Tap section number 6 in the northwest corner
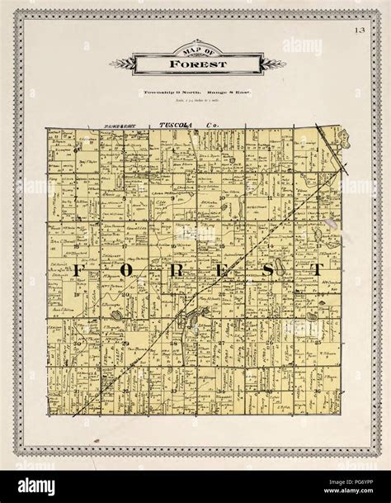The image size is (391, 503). (x=77, y=150)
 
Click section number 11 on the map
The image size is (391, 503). (x=270, y=198)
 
